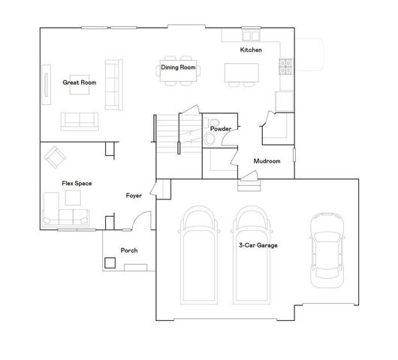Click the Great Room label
click(x=79, y=82)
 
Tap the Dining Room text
click(x=178, y=67)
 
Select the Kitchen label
click(x=250, y=49)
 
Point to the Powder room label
click(x=220, y=129)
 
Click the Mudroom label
click(x=267, y=160)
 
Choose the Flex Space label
click(x=77, y=183)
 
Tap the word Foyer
click(x=134, y=196)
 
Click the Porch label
click(x=128, y=250)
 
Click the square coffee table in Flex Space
click(x=74, y=197)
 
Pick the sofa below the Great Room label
click(x=78, y=121)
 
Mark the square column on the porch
click(x=110, y=262)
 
